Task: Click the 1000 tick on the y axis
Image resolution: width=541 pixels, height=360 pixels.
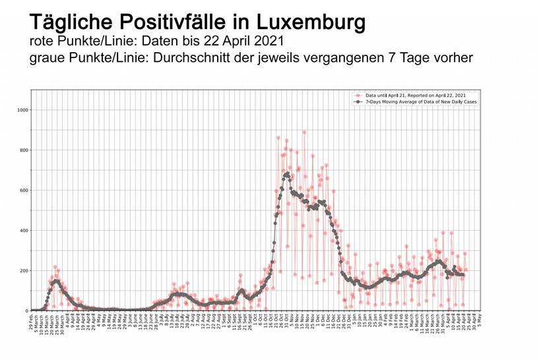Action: [x=22, y=109]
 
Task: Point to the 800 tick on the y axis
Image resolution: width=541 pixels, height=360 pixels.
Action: [x=23, y=150]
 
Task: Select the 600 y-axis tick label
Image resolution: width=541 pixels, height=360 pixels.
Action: [x=23, y=190]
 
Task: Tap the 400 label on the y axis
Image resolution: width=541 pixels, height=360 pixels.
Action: [x=23, y=230]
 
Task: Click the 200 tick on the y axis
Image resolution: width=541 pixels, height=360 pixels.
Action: [x=23, y=270]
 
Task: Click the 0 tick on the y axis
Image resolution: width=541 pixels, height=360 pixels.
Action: [x=26, y=311]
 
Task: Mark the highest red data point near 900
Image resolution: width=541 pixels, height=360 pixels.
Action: [x=304, y=132]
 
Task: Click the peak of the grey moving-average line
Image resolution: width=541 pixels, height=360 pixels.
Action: [x=286, y=174]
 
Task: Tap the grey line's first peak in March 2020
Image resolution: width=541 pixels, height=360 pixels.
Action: [x=56, y=282]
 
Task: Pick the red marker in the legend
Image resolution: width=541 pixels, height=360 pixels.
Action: [x=357, y=96]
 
